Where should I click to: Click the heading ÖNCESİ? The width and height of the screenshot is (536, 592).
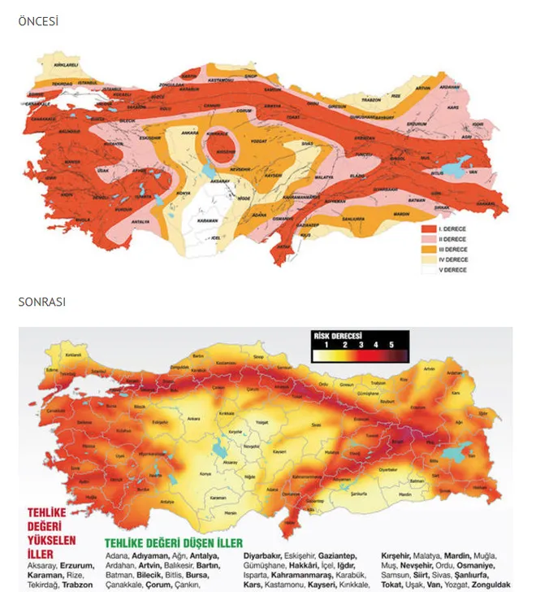tap(38, 21)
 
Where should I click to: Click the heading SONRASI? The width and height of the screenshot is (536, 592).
tap(41, 302)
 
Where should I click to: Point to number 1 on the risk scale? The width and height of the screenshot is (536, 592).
tap(326, 344)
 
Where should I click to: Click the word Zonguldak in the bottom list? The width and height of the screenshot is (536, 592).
tap(488, 585)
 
